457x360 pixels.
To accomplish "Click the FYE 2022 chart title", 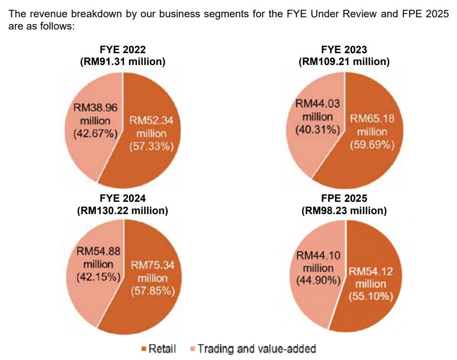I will (122, 50).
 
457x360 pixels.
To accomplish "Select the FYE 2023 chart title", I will (344, 50).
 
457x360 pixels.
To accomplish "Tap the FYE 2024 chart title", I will (122, 199).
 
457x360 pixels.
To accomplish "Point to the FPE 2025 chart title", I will (344, 199).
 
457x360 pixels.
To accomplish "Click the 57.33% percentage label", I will (152, 147).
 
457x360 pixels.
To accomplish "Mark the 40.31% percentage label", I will (317, 130).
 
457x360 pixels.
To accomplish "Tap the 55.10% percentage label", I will (371, 297).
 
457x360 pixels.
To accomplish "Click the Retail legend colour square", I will (144, 349).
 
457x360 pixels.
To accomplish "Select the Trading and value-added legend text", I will (257, 349).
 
